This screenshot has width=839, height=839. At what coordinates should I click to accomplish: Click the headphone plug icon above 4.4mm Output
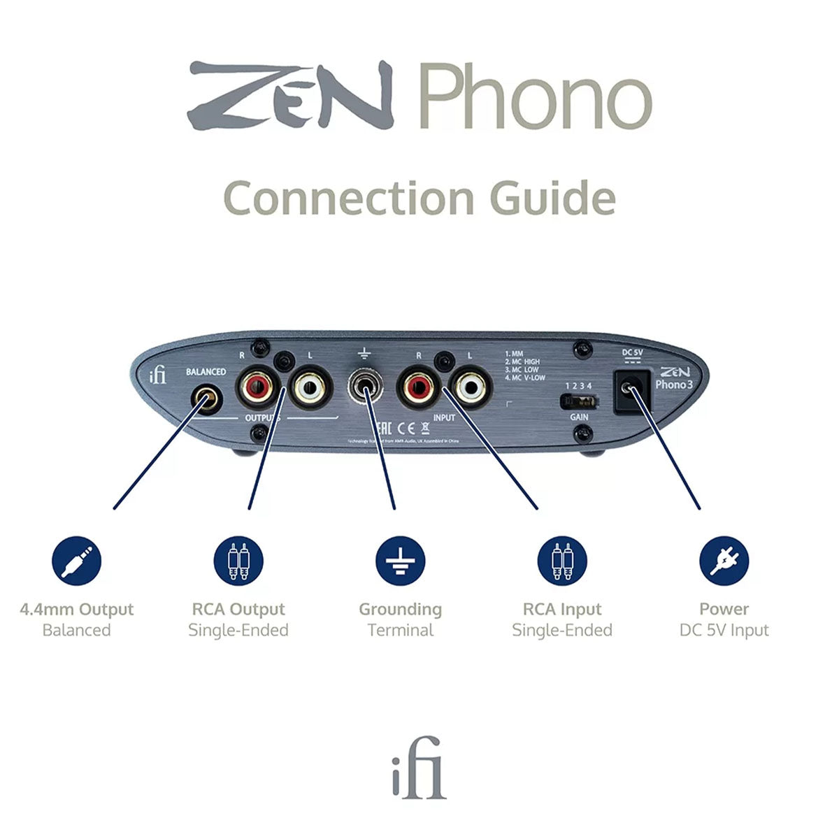[x=77, y=561]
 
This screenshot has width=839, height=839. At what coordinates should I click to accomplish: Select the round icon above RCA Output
[x=238, y=561]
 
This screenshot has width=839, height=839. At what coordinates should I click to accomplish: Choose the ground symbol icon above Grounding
[x=400, y=561]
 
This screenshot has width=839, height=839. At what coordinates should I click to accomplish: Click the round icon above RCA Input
[x=562, y=561]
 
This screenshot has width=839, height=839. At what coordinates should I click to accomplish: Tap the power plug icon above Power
[x=724, y=561]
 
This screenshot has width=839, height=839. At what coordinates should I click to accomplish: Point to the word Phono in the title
[x=535, y=96]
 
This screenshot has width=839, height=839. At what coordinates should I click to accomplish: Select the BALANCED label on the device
[x=206, y=372]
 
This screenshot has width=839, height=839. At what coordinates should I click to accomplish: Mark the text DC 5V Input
[x=724, y=630]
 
